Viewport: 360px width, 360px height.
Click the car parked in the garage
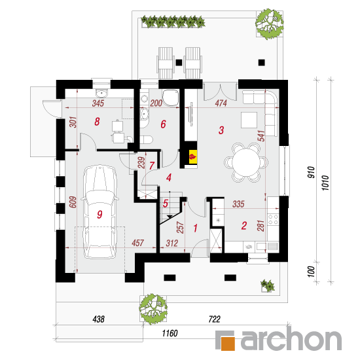point(99,211)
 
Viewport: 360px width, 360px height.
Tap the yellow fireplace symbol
point(193,157)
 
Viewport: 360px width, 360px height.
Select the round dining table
point(245,162)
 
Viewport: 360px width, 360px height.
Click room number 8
point(97,122)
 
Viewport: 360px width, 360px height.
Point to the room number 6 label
point(163,124)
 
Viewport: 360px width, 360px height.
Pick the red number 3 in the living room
point(221,130)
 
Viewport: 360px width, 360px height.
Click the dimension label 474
point(221,103)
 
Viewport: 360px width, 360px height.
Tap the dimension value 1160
point(170,333)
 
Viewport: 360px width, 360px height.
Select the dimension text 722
point(215,319)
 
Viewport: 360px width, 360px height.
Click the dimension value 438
point(98,319)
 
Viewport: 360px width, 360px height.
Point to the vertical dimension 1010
point(325,183)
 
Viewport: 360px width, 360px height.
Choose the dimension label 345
point(98,103)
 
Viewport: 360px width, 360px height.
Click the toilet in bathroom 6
point(146,139)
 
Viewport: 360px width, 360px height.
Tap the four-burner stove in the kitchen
point(273,219)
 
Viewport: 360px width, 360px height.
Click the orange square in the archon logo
point(228,344)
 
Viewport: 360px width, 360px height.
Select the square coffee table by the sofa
point(249,120)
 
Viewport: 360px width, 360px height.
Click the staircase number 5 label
point(166,204)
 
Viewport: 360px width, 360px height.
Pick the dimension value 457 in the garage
point(137,243)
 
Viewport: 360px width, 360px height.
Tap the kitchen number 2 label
point(244,225)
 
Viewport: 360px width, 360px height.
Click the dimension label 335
point(238,204)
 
